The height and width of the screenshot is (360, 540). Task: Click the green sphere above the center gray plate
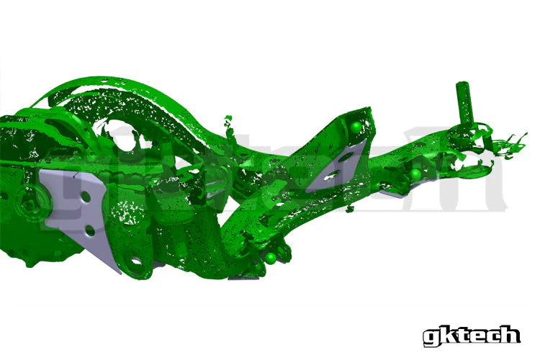[x=355, y=127]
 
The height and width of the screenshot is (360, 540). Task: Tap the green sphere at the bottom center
[x=271, y=257]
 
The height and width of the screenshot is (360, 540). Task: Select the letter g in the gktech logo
[x=430, y=337]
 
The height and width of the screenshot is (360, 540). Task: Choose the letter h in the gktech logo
[x=511, y=334]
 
